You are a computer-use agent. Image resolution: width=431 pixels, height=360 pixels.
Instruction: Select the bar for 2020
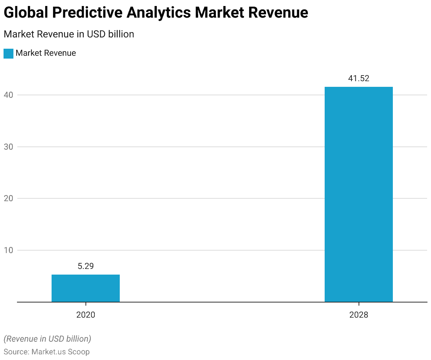coord(85,288)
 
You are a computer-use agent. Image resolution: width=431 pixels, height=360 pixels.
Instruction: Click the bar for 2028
coord(359,194)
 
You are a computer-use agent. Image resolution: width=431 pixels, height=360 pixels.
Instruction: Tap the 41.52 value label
coord(359,78)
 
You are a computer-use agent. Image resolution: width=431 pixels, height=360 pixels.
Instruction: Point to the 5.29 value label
coord(85,266)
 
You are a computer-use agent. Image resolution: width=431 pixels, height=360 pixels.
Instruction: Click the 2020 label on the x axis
coord(85,314)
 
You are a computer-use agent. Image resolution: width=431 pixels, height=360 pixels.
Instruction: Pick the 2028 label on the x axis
coord(359,314)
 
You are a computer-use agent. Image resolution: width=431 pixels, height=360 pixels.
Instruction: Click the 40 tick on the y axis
coord(8,95)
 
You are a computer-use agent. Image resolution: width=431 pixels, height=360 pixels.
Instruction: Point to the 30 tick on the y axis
coord(8,147)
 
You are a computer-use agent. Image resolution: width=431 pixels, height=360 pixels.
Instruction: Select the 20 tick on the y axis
coord(8,198)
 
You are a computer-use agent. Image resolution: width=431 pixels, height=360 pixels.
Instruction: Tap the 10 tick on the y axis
coord(8,250)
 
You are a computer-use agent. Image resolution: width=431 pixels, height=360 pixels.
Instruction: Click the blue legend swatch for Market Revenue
coord(8,53)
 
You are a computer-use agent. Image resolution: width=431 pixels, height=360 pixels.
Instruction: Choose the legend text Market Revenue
coord(46,53)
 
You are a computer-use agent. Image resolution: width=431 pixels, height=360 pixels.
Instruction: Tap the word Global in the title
coord(26,13)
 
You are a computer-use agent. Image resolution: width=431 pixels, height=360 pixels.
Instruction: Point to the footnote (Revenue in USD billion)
coord(47,339)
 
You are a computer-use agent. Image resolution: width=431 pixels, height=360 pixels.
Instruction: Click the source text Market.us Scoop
coord(60,352)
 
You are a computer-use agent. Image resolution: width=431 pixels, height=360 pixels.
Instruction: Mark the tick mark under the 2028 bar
coord(359,304)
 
